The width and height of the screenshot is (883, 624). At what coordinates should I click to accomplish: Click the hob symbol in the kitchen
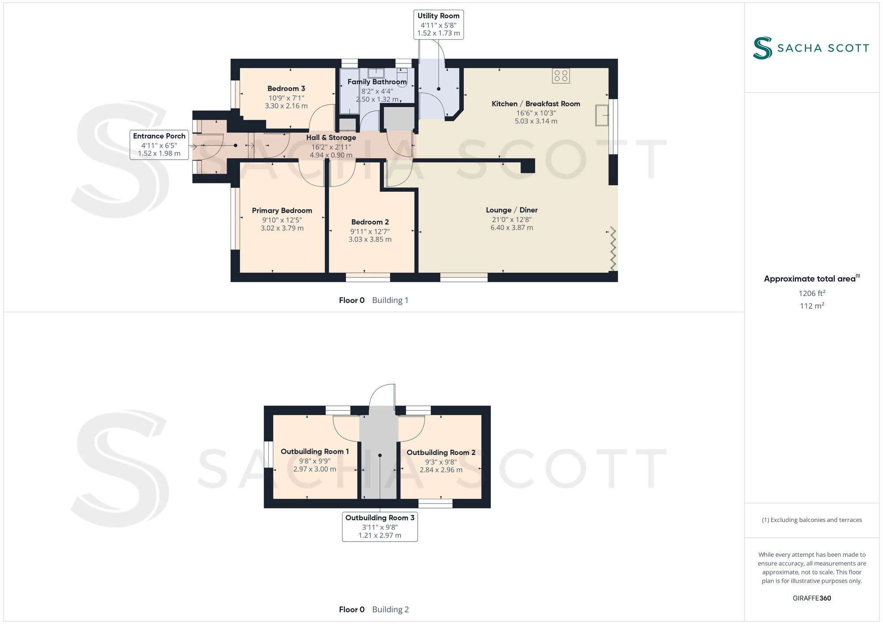(561, 76)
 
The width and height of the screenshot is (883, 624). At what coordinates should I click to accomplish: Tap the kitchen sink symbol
(601, 115)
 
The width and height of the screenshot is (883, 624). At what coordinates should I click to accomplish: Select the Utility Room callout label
(438, 25)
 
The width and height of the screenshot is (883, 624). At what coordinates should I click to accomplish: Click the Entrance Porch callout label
(159, 145)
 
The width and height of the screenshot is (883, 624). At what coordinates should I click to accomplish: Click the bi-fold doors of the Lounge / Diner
(613, 249)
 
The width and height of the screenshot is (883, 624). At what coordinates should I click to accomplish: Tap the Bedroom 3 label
(286, 89)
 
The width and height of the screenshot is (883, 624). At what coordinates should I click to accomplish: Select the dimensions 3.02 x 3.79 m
(282, 228)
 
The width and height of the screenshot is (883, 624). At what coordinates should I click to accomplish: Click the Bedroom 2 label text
(370, 222)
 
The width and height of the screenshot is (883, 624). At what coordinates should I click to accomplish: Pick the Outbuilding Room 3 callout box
(380, 527)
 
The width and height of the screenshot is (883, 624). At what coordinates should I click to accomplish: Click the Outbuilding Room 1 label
(315, 452)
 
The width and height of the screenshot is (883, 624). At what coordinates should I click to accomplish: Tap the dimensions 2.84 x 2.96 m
(441, 470)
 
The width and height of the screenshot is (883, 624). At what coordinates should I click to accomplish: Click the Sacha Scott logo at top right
(811, 48)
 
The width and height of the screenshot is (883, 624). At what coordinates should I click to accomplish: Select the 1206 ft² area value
(811, 293)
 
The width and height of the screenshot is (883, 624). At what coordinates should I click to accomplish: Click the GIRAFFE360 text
(811, 598)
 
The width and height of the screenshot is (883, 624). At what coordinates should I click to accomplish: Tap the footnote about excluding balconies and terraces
(811, 520)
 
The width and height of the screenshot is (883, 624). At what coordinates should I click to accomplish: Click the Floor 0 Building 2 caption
(374, 609)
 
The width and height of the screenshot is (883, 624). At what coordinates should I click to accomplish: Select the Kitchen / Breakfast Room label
(536, 104)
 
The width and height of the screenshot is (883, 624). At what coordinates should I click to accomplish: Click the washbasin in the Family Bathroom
(376, 73)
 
